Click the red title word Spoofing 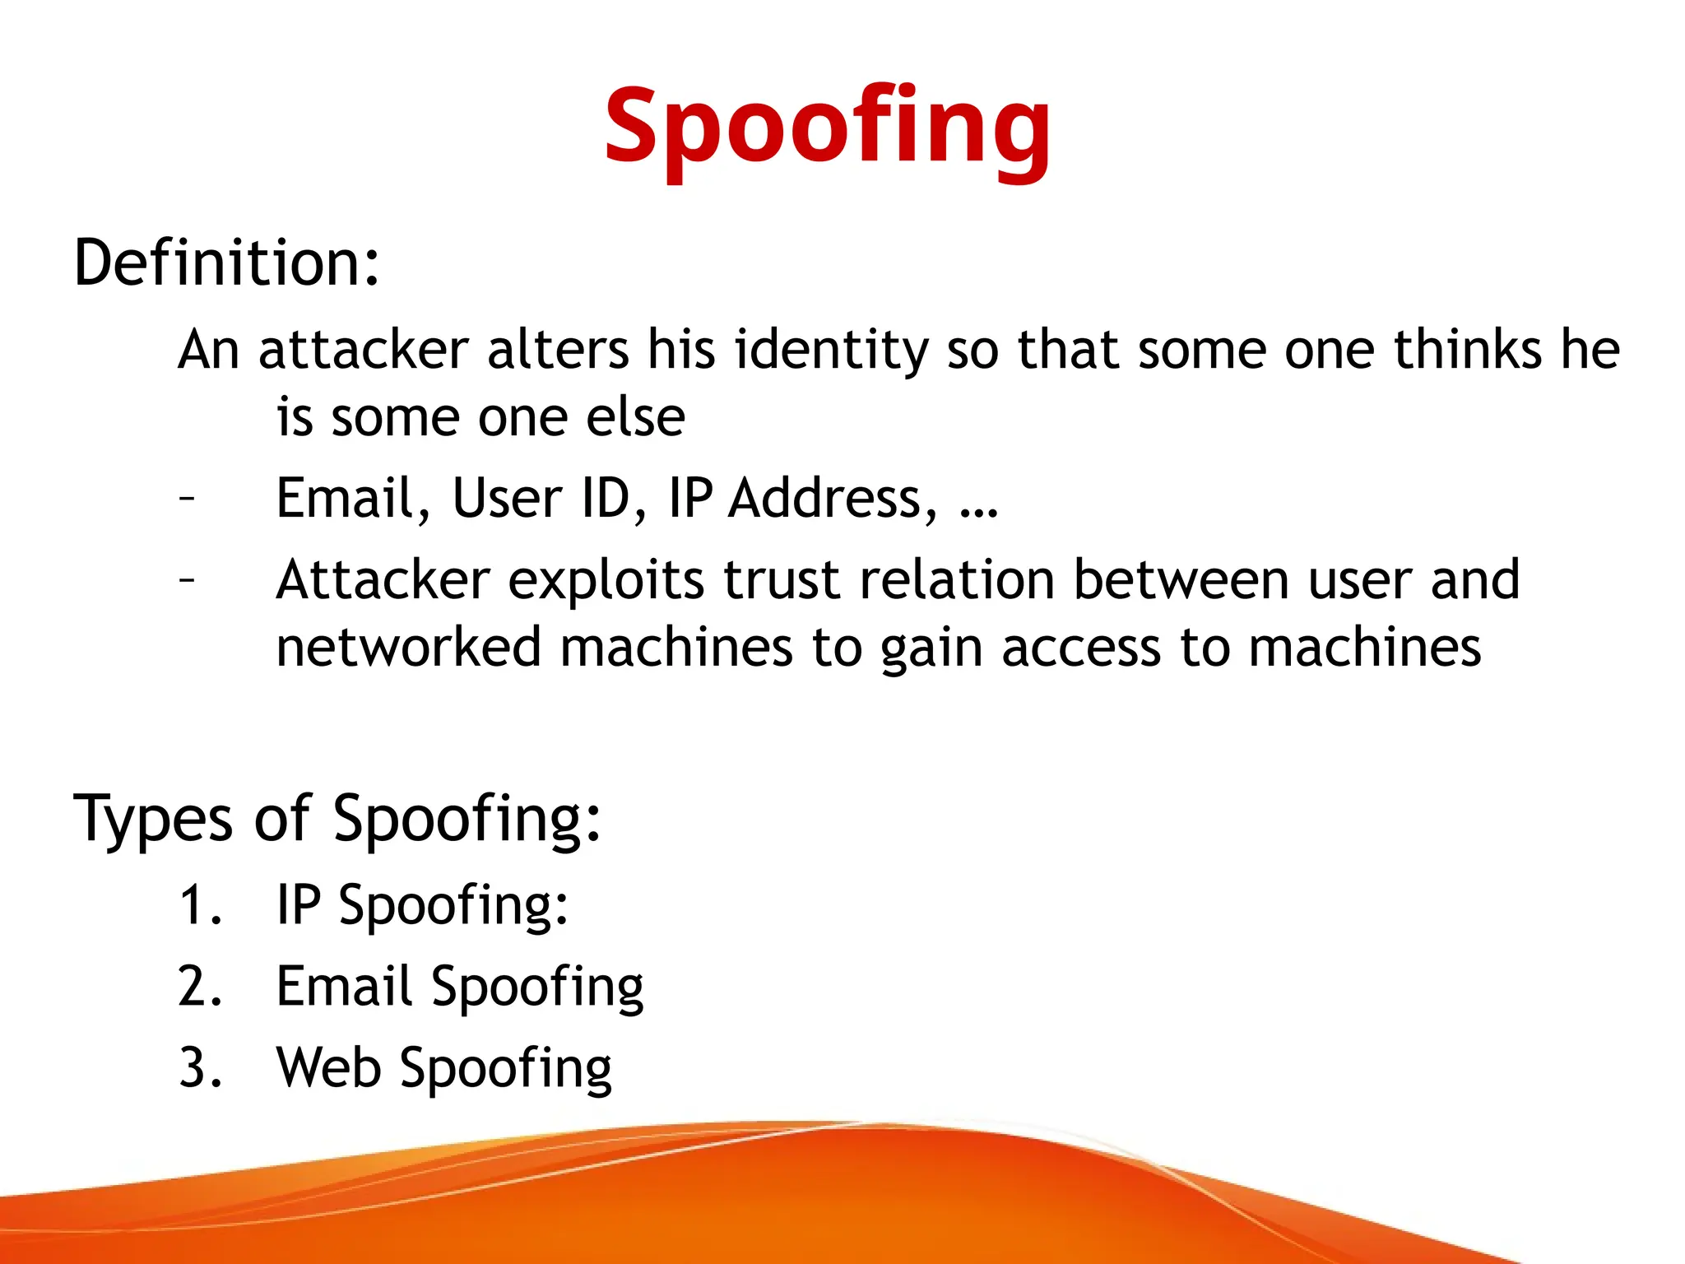(x=827, y=128)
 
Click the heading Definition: (x=227, y=263)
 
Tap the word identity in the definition (x=831, y=351)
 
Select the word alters (x=558, y=350)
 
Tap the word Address (x=832, y=499)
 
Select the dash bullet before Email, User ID (x=188, y=499)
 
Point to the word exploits (x=606, y=581)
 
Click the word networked (x=408, y=648)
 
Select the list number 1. (x=198, y=905)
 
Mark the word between (x=1181, y=581)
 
